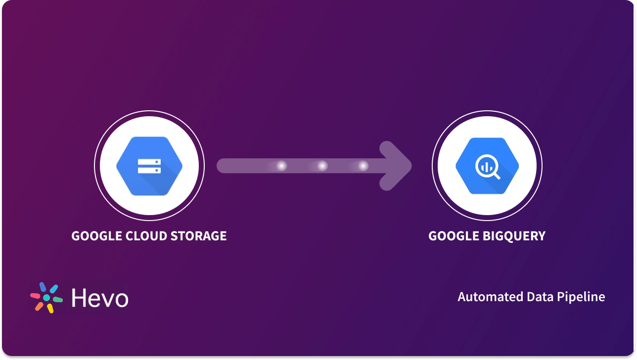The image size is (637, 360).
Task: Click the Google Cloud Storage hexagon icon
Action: coord(149,166)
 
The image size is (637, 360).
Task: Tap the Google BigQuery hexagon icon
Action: coord(487,166)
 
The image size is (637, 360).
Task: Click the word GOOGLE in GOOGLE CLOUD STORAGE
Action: coord(95,236)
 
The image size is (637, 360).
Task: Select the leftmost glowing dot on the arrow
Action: coord(281,166)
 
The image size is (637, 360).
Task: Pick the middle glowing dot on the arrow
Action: coord(322,166)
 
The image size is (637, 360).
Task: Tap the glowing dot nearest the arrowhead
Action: coord(364,166)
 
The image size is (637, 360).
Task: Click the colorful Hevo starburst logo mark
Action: coord(46,298)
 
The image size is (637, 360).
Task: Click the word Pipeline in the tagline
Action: coord(581,297)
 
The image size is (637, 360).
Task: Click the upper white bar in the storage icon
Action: coord(149,162)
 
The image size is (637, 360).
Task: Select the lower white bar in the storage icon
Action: coord(149,171)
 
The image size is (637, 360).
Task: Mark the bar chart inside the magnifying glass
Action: coord(486,166)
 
